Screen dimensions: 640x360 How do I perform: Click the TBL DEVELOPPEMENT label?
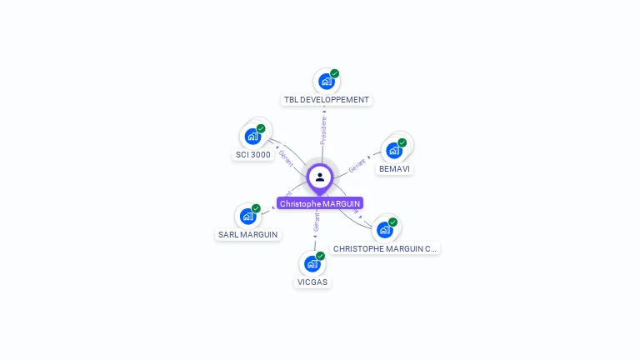click(326, 100)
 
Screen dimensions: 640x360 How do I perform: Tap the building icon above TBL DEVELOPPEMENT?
click(326, 82)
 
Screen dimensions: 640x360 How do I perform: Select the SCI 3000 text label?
click(253, 155)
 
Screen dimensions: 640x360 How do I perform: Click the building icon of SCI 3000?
click(252, 137)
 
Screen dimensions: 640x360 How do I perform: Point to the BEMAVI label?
click(394, 168)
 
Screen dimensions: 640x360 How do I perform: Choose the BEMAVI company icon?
click(394, 151)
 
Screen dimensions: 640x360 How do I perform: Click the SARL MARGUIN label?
click(247, 235)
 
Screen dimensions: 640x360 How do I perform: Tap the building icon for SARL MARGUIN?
click(247, 217)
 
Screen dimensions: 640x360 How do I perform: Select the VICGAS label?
click(312, 282)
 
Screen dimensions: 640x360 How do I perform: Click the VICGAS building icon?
click(312, 264)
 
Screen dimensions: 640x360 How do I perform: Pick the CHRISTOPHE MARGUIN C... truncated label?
click(384, 248)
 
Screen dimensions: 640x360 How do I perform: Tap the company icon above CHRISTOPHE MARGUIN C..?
click(384, 230)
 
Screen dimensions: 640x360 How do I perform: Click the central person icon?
click(320, 177)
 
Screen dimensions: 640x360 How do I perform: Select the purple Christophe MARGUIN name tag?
click(320, 203)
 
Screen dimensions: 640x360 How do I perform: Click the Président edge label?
click(323, 130)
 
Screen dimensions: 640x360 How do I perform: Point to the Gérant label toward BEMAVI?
click(357, 165)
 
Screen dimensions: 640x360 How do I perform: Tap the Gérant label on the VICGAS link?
click(317, 222)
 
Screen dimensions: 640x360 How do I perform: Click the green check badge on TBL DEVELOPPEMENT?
click(335, 73)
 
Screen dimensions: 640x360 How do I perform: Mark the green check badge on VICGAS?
click(321, 256)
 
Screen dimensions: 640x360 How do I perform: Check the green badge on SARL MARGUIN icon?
click(257, 208)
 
